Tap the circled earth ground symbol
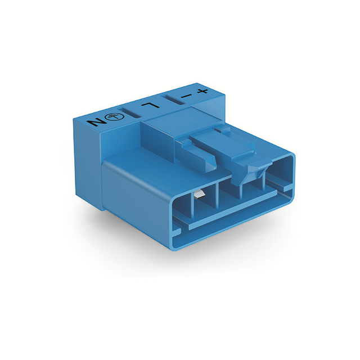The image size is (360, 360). pos(115,117)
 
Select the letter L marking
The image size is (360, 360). pos(150,105)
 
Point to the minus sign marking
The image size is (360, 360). pos(186,96)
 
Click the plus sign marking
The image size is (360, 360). pos(202,91)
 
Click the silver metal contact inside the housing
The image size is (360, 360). pos(198,194)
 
